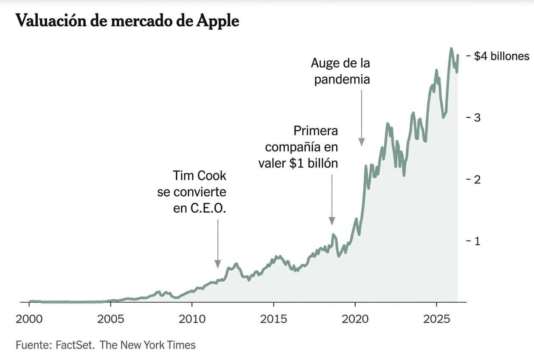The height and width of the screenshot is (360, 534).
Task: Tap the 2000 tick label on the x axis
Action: click(29, 318)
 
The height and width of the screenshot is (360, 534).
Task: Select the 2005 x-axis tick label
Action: click(111, 318)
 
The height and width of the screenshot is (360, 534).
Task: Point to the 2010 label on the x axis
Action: click(192, 318)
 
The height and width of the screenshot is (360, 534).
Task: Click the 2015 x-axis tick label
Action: click(273, 318)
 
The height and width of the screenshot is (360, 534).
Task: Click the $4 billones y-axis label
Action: click(501, 56)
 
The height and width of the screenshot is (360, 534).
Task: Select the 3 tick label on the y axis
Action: click(477, 118)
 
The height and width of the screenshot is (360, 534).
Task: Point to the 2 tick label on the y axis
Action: click(477, 179)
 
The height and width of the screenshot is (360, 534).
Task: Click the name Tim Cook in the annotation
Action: click(200, 175)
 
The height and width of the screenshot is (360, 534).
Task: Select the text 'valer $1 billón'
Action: click(298, 163)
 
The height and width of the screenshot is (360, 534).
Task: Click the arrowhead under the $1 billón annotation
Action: click(332, 221)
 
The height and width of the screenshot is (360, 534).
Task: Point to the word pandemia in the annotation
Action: click(342, 79)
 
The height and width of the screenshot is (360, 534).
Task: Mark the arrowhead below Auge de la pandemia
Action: click(361, 142)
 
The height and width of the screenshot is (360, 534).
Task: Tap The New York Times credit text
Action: click(148, 345)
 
